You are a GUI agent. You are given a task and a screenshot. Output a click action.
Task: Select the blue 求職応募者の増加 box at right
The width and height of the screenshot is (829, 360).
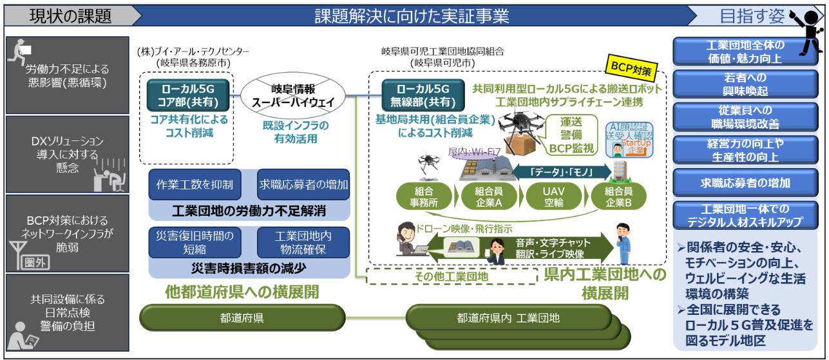coord(745,183)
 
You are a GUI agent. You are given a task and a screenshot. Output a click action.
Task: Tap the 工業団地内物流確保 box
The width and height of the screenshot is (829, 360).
coord(303,242)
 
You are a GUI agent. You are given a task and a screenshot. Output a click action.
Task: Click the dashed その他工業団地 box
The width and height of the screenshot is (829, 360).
coord(451,276)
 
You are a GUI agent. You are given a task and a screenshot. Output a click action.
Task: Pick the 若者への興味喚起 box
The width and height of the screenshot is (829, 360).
coord(745,84)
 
